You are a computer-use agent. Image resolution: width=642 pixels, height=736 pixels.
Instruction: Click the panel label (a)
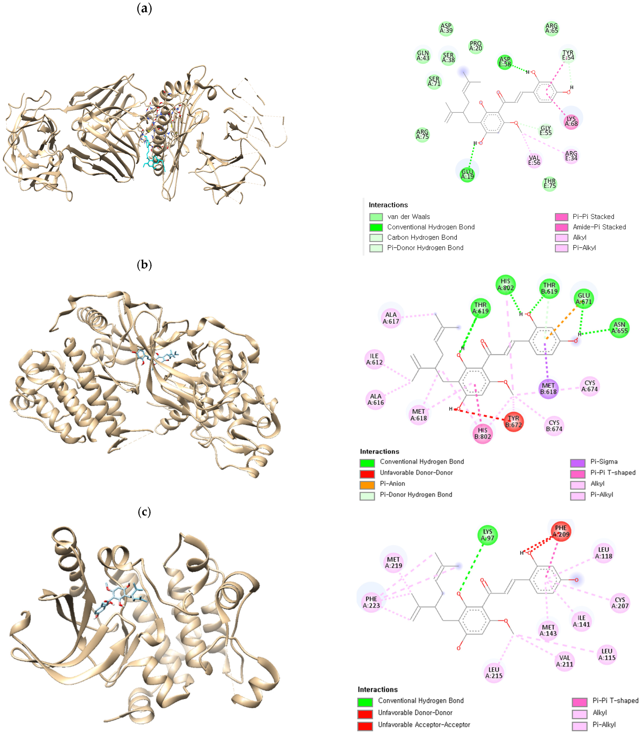[x=144, y=8]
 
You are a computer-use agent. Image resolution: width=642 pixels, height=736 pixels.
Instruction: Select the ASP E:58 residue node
[x=505, y=62]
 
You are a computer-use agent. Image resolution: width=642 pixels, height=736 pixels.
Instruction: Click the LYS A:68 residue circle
[x=571, y=122]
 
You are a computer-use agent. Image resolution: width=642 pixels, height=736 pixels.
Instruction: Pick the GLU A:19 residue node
[x=467, y=174]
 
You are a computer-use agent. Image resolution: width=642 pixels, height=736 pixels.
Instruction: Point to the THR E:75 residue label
[x=550, y=184]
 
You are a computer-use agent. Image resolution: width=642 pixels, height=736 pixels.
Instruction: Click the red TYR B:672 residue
[x=513, y=421]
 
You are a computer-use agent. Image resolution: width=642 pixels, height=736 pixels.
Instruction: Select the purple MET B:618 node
[x=548, y=389]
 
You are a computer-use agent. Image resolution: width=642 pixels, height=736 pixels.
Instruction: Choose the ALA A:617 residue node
[x=391, y=318]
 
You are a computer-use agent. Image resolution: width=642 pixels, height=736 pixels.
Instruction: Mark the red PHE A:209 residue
[x=561, y=531]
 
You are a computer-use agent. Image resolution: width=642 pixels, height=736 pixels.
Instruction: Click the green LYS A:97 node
[x=488, y=535]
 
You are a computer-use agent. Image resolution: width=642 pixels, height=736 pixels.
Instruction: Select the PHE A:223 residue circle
[x=371, y=602]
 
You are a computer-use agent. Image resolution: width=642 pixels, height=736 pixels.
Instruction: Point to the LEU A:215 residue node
[x=494, y=673]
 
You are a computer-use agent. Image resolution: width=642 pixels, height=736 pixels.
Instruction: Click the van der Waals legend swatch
[x=376, y=217]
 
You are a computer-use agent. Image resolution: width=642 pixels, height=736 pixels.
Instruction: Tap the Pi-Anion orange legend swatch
[x=367, y=484]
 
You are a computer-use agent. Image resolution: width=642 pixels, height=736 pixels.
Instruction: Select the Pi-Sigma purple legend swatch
[x=578, y=463]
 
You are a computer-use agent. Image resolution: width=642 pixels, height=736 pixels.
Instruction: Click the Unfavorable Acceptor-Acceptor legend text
[x=424, y=725]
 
